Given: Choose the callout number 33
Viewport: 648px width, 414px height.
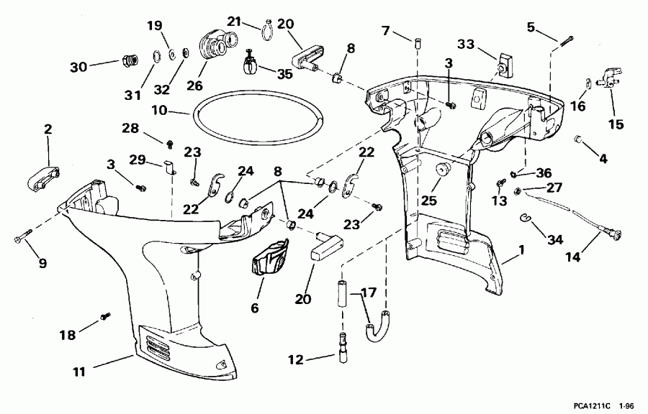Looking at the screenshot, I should pyautogui.click(x=466, y=45).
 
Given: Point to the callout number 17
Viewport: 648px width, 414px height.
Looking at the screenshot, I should pyautogui.click(x=367, y=293).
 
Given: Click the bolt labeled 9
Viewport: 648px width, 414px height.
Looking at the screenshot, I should pyautogui.click(x=22, y=235).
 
